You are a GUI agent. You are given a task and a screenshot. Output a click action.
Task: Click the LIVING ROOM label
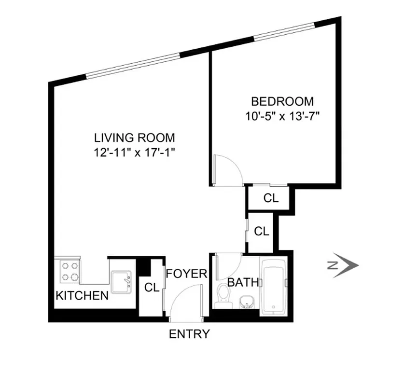coord(134,137)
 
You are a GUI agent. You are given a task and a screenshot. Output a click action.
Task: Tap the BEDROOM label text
coord(282,102)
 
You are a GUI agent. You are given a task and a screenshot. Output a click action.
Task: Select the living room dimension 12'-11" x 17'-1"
coord(134,152)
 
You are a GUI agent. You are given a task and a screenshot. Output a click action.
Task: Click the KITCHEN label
coord(82,295)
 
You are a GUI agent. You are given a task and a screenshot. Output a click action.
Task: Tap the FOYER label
coord(186,274)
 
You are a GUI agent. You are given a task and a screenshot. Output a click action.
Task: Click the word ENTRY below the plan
coord(189,333)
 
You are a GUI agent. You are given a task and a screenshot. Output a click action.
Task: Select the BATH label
coord(243,282)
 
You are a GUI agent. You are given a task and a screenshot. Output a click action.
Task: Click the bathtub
coord(274,288)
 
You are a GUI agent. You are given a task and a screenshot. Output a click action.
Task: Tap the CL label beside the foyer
coord(152,288)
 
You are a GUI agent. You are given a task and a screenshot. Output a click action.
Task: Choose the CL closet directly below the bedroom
coord(271,198)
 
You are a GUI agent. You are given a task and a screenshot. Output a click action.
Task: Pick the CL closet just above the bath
coord(261,232)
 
